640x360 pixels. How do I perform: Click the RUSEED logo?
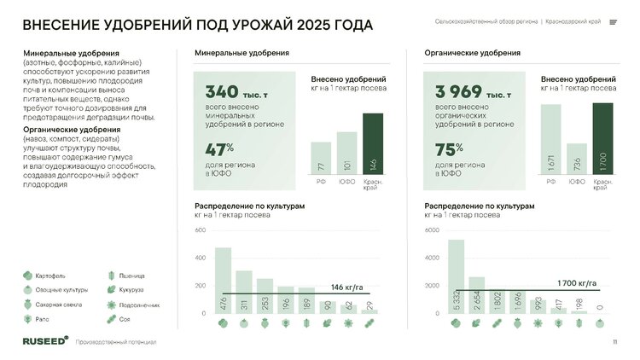(44, 341)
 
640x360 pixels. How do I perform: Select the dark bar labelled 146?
(373, 143)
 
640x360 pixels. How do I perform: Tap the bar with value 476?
(223, 281)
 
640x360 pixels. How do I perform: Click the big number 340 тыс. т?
(238, 91)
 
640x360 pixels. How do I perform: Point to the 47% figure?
(220, 148)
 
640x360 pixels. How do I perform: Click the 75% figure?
(450, 148)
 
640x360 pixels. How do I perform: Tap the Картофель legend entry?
(50, 276)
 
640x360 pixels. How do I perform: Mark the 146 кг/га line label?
(348, 287)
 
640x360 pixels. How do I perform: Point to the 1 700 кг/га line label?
(577, 282)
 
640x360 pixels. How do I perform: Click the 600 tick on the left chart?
(200, 231)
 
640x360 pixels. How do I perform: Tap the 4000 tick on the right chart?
(432, 258)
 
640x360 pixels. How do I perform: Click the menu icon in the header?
(614, 22)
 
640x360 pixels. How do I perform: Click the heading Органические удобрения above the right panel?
(462, 54)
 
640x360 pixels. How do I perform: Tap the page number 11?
(614, 342)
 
